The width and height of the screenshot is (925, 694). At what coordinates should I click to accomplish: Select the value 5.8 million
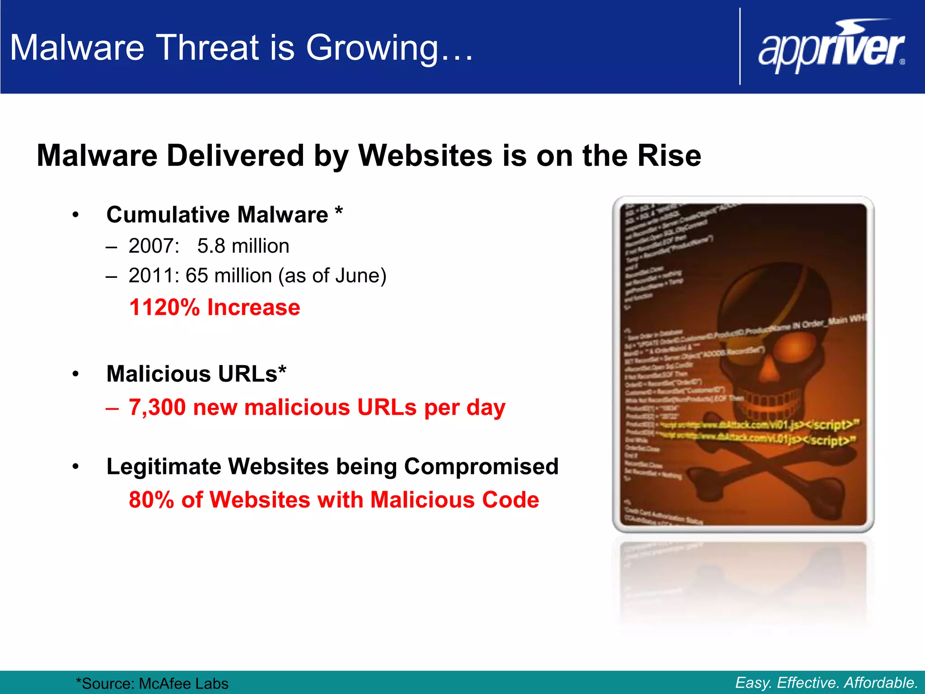(x=243, y=246)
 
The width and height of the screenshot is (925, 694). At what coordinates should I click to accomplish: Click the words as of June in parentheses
(x=332, y=276)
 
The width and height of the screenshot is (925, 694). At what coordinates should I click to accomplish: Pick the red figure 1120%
(x=164, y=308)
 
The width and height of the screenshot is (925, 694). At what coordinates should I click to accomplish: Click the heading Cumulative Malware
(x=217, y=215)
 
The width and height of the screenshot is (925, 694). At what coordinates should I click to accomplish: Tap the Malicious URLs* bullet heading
(x=196, y=374)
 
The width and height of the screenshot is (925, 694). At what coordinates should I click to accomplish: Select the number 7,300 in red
(x=157, y=408)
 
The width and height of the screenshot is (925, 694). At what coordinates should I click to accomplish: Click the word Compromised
(x=481, y=466)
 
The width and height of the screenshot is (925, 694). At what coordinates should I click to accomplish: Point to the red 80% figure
(x=151, y=500)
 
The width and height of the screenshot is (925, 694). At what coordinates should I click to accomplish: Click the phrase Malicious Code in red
(x=454, y=500)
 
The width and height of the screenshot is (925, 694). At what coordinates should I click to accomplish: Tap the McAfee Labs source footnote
(x=152, y=684)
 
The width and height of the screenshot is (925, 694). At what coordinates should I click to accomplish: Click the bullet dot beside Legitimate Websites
(x=75, y=466)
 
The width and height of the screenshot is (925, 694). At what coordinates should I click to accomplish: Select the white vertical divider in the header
(x=740, y=47)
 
